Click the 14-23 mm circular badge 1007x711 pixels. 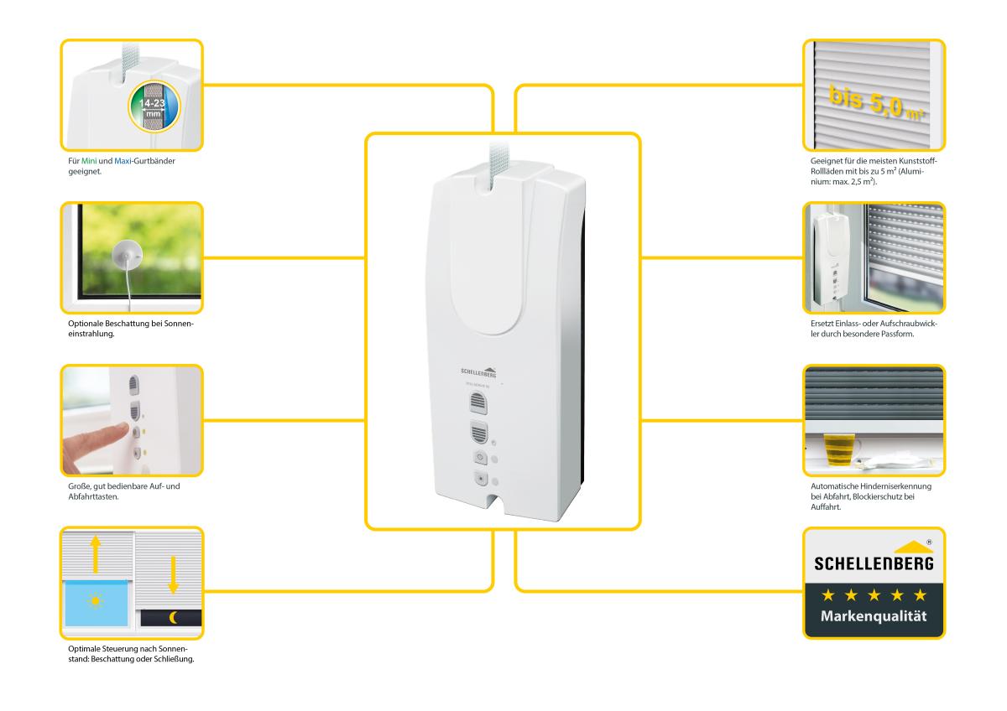click(153, 110)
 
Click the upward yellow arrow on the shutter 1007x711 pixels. click(96, 554)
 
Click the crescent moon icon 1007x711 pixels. click(174, 618)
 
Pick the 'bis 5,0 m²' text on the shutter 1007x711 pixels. click(874, 102)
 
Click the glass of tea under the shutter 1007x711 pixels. click(837, 449)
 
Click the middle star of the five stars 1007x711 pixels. click(873, 594)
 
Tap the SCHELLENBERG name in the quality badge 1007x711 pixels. click(873, 563)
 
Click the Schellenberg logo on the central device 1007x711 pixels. click(480, 370)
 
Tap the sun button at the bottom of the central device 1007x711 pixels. click(481, 480)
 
